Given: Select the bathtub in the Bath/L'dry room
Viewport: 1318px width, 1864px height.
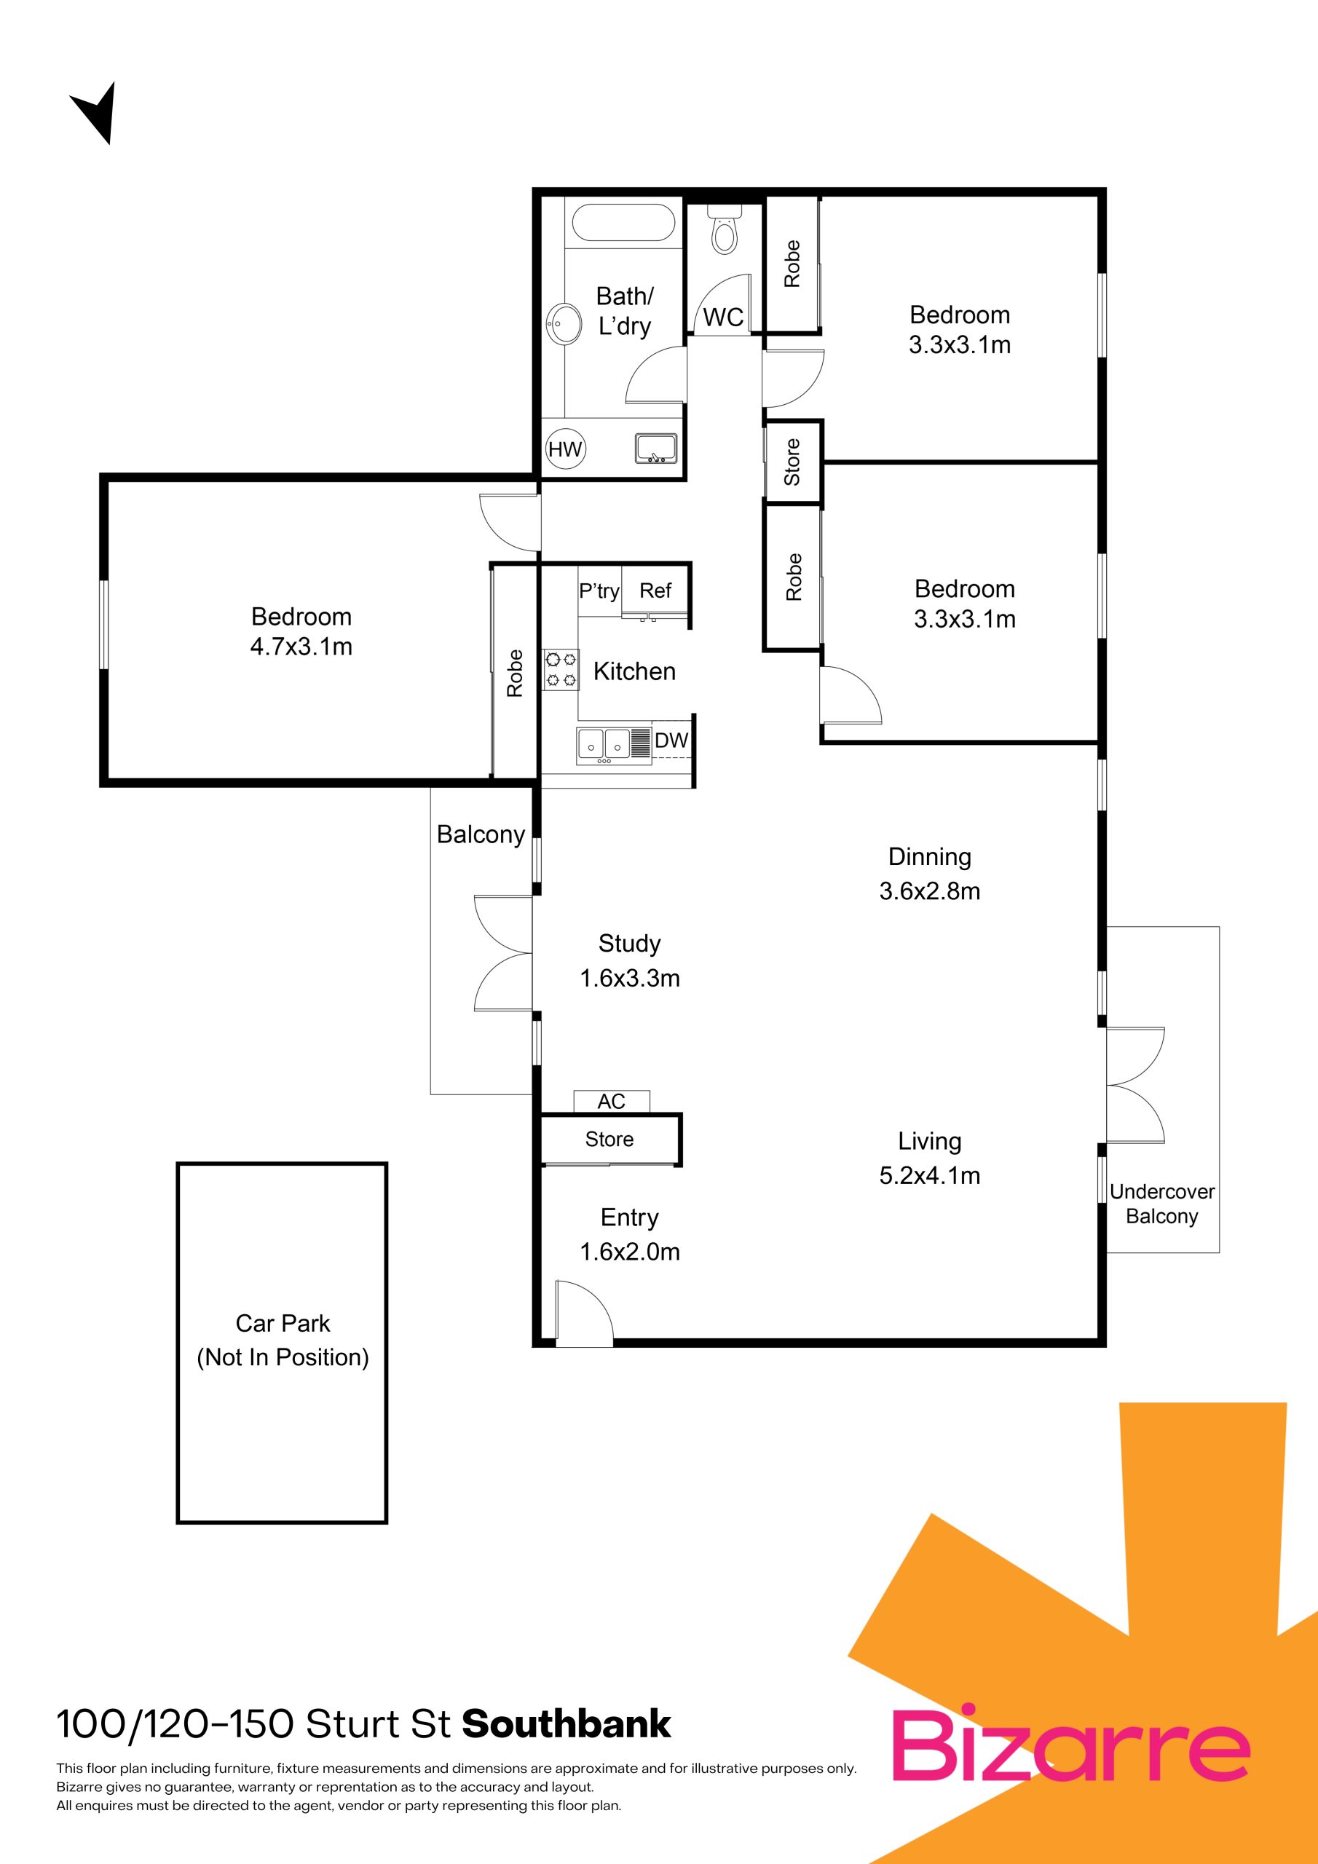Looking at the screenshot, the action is pos(623,224).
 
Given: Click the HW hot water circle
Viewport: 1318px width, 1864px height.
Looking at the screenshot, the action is pos(565,449).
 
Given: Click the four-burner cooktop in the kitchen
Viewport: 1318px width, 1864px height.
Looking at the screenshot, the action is pos(561,669).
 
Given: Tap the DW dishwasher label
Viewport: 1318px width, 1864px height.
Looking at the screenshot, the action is pos(671,740).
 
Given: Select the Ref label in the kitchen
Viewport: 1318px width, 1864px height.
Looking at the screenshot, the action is pos(655,591).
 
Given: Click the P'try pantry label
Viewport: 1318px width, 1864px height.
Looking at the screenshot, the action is pos(599,591).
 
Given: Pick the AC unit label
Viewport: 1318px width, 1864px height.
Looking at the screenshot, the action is pos(612,1101).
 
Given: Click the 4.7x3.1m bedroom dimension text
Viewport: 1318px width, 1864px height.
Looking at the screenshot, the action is pos(301,647).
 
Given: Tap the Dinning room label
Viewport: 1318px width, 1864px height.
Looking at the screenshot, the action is pos(930,856).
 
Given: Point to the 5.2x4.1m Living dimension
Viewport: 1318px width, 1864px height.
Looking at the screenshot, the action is pos(930,1174).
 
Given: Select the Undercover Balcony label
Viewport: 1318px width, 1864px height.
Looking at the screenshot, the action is pos(1162,1204).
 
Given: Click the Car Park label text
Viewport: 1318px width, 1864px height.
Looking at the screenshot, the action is pos(283,1323).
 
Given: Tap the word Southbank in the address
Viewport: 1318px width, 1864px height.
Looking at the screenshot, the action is pos(567,1724).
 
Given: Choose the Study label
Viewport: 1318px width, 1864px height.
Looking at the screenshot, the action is pos(629,944).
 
